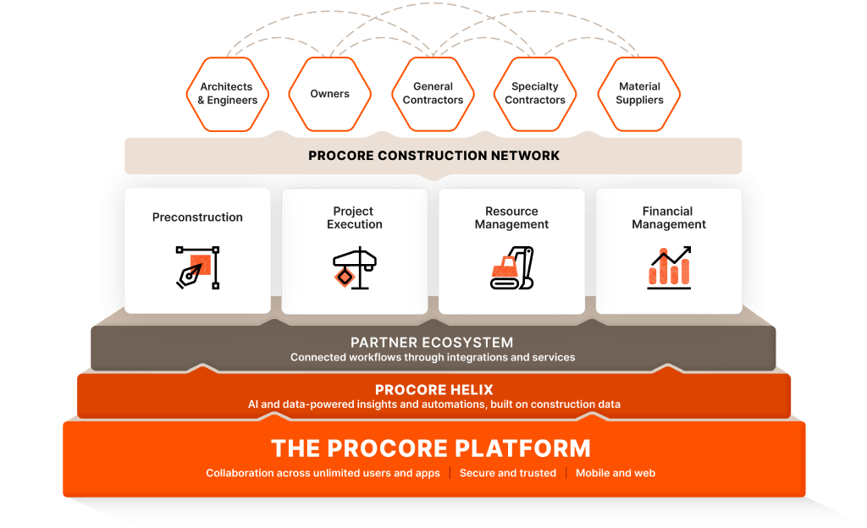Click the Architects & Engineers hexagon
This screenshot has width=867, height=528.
pyautogui.click(x=226, y=93)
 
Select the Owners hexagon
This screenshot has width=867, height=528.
pyautogui.click(x=329, y=93)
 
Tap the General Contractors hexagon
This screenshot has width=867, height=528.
pyautogui.click(x=433, y=93)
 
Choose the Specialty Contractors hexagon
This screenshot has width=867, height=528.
pyautogui.click(x=535, y=93)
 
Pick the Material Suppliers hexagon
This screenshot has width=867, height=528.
pyautogui.click(x=639, y=93)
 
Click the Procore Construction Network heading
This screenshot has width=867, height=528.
pyautogui.click(x=433, y=156)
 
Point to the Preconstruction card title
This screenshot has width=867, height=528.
pyautogui.click(x=197, y=217)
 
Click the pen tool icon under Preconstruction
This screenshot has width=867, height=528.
pyautogui.click(x=197, y=267)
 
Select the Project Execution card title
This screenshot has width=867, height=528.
pyautogui.click(x=354, y=217)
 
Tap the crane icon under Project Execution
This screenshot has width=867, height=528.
pyautogui.click(x=354, y=267)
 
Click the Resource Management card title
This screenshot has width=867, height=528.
pyautogui.click(x=511, y=217)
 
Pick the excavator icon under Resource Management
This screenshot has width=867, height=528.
pyautogui.click(x=511, y=267)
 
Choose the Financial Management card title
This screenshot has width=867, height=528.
pyautogui.click(x=669, y=217)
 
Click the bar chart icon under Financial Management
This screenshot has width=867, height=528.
pyautogui.click(x=669, y=267)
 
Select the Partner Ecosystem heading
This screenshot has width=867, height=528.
pyautogui.click(x=432, y=343)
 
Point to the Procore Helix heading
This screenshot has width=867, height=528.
pyautogui.click(x=433, y=390)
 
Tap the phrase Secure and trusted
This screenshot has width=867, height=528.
pyautogui.click(x=508, y=473)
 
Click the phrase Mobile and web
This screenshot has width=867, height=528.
pyautogui.click(x=616, y=473)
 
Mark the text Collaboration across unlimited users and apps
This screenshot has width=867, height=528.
pyautogui.click(x=323, y=473)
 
